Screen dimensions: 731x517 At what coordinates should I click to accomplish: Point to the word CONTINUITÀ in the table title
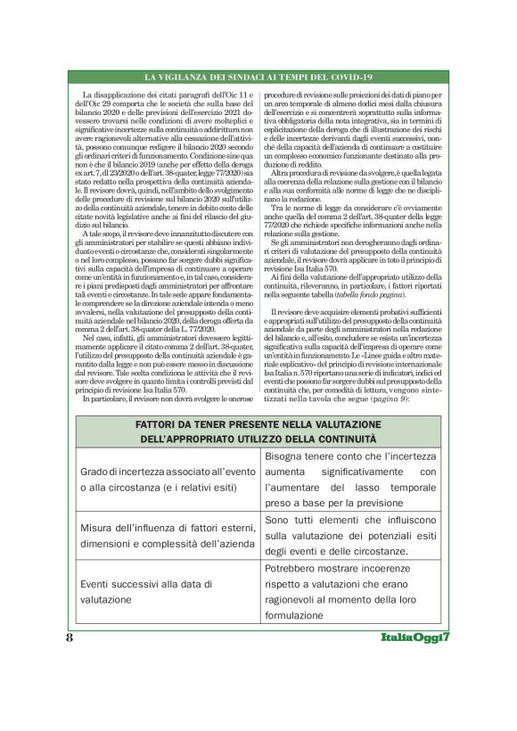pyautogui.click(x=351, y=439)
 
